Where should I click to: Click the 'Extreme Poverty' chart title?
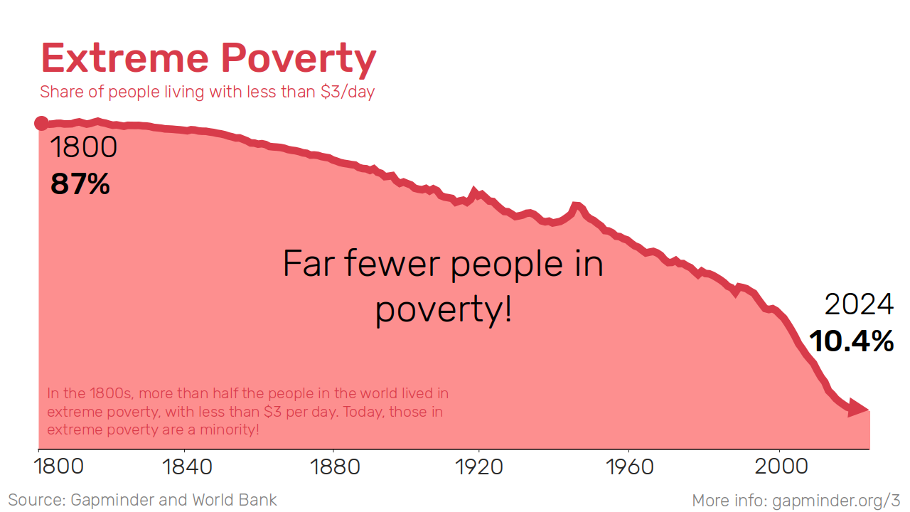(x=208, y=58)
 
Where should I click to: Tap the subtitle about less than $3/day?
(x=207, y=92)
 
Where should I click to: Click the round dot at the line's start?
(x=41, y=124)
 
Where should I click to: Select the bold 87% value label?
(x=80, y=184)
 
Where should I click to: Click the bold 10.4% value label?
(x=851, y=341)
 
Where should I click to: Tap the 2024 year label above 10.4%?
(x=859, y=304)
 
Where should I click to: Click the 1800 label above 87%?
(x=83, y=148)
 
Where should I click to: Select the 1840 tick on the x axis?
(x=187, y=467)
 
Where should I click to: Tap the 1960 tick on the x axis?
(x=631, y=467)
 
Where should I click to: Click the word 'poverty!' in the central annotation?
(x=444, y=310)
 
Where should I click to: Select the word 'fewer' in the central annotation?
(x=394, y=264)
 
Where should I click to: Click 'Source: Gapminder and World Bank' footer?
(x=142, y=500)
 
